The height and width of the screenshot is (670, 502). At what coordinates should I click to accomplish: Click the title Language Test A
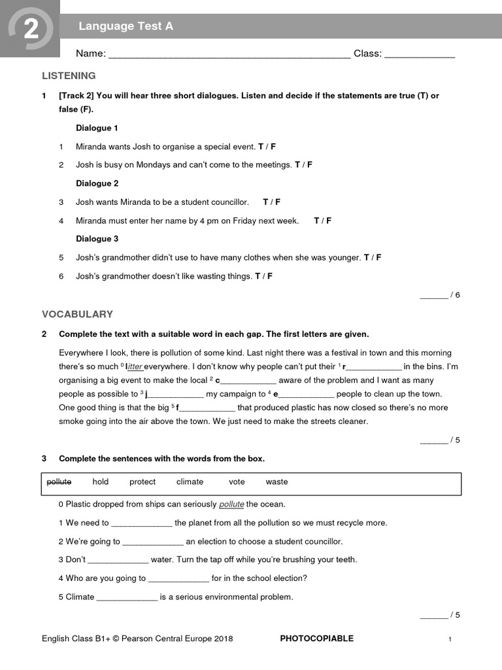[125, 26]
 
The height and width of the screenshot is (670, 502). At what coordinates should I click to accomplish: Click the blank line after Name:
[229, 55]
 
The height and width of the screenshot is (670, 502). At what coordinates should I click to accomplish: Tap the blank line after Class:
[419, 55]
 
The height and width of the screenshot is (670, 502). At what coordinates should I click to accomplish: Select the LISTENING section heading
[69, 76]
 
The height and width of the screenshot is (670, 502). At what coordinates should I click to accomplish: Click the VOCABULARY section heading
[77, 314]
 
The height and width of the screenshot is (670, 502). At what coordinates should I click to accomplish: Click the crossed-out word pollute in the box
[59, 482]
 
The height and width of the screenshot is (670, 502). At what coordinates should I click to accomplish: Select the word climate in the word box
[190, 482]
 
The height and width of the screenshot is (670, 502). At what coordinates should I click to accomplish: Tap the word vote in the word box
[237, 482]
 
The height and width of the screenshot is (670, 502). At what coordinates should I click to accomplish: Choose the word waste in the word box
[276, 482]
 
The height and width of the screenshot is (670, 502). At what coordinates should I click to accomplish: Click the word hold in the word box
[101, 482]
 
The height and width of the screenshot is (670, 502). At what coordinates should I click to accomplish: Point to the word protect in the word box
[142, 482]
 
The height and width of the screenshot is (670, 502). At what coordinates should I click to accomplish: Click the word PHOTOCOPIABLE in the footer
[316, 639]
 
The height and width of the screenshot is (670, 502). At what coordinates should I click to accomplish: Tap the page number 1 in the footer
[450, 639]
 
